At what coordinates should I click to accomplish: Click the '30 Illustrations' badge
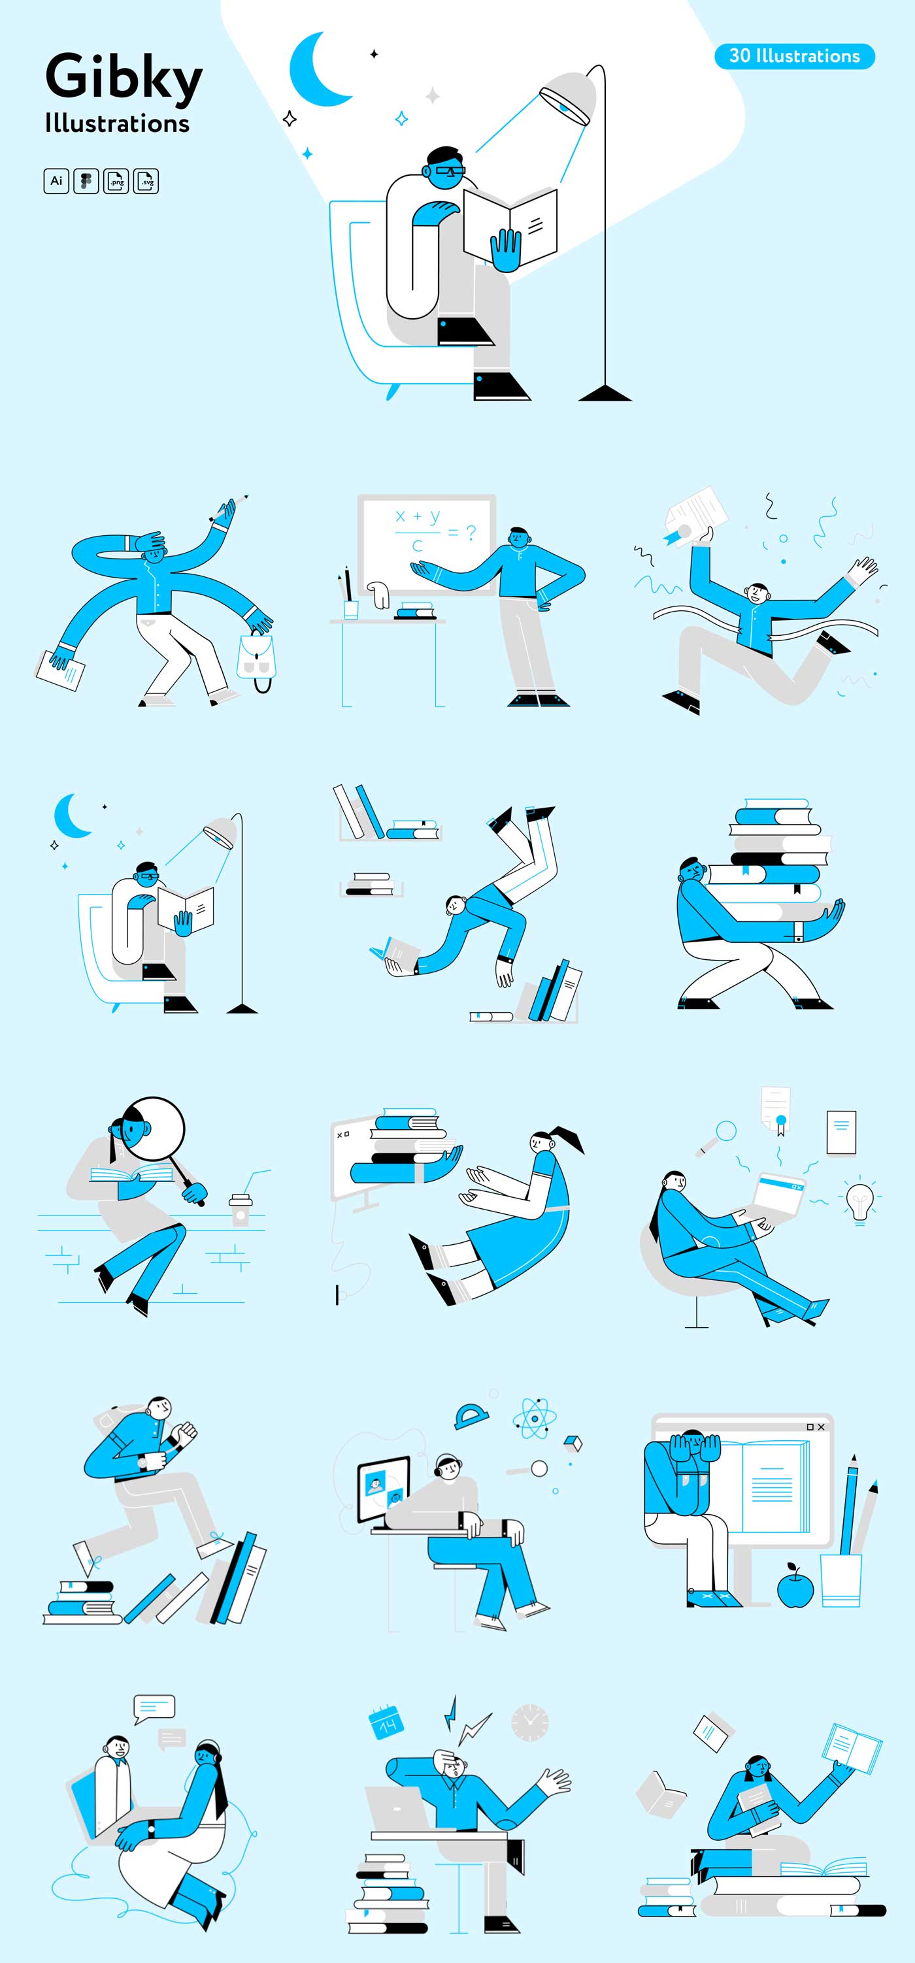[x=795, y=56]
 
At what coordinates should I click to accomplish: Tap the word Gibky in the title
[x=124, y=77]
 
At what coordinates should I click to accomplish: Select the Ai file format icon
[x=56, y=182]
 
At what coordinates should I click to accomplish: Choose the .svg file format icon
[x=146, y=182]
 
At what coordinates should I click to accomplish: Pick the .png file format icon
[x=116, y=182]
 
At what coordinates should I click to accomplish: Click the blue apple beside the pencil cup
[x=795, y=1587]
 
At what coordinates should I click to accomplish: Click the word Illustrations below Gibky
[x=118, y=124]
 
